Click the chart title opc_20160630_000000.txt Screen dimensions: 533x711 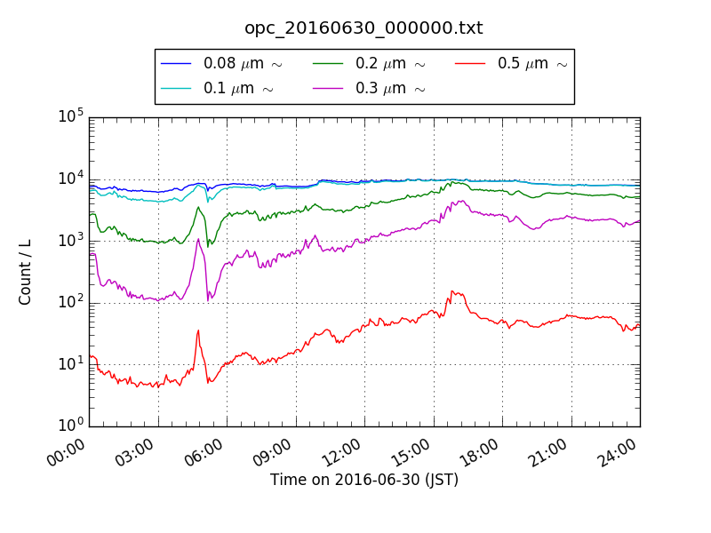coord(363,28)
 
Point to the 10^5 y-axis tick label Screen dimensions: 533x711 coord(71,116)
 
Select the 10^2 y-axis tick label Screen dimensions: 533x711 coord(71,302)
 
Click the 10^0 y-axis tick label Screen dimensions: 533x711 coord(71,426)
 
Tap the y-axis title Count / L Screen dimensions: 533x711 coord(25,272)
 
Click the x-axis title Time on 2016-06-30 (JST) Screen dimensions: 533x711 coord(364,481)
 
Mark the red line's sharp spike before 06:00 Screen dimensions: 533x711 coord(197,330)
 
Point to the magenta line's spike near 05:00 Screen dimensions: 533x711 coord(198,239)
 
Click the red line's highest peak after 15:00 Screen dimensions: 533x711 coord(452,290)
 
